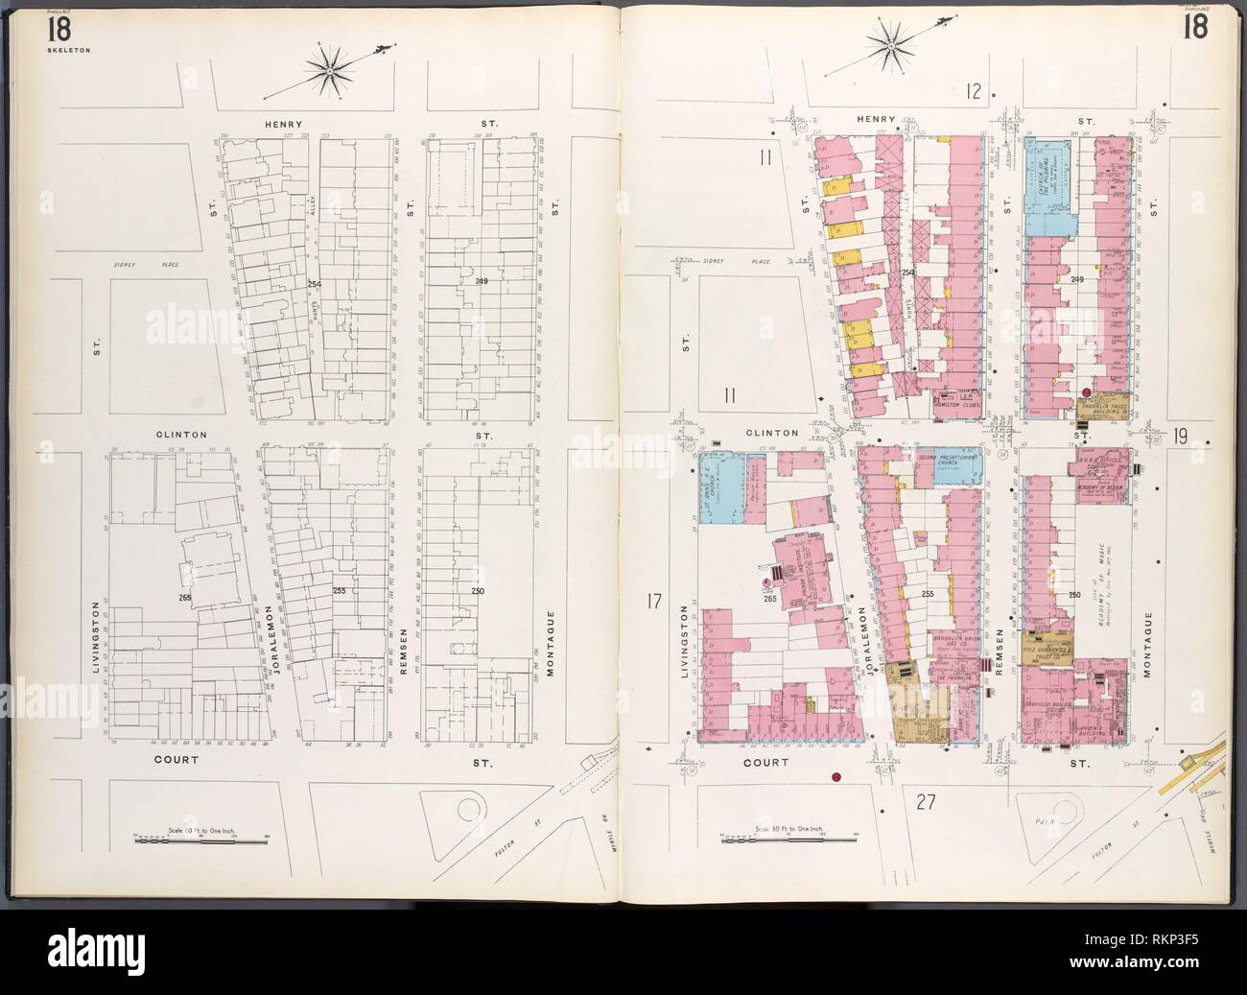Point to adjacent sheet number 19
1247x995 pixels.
tap(1179, 437)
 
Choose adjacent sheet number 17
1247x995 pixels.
tap(654, 603)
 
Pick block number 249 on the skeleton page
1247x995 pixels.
tap(481, 280)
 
